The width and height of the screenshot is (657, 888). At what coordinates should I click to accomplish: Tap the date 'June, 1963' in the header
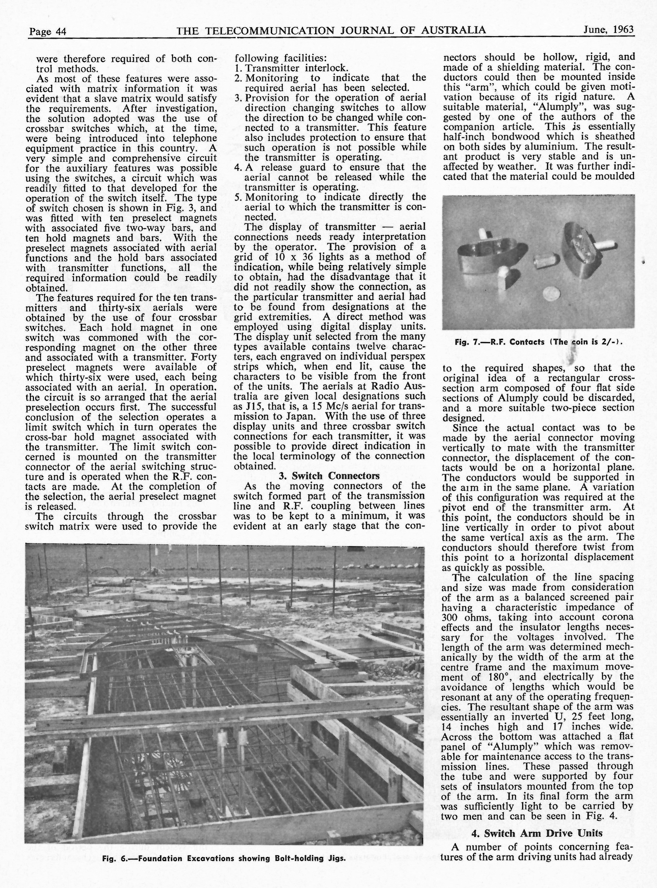[x=608, y=30]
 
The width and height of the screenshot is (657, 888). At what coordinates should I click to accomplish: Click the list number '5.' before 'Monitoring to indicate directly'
[x=238, y=197]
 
